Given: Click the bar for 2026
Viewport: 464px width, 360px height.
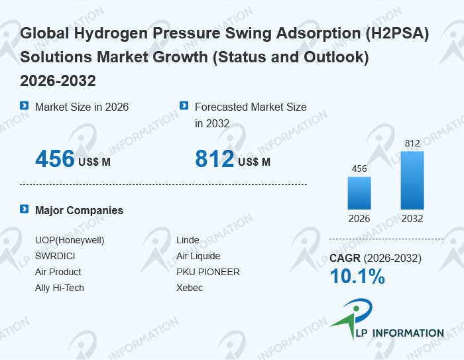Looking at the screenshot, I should [359, 193].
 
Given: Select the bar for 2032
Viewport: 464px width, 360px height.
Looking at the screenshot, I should [412, 180].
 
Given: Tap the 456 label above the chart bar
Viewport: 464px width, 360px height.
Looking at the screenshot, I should [359, 168].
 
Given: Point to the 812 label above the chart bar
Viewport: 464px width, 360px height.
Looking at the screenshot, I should [412, 143].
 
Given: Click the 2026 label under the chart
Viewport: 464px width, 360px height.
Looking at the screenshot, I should [359, 219].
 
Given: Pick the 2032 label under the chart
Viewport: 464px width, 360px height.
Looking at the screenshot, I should [412, 219].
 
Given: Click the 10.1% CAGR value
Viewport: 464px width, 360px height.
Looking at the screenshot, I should [357, 277].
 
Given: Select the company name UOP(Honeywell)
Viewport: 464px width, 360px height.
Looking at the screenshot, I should [70, 240].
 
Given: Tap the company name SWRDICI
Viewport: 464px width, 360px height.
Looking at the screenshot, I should [56, 256].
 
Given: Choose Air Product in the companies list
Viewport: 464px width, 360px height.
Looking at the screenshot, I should [58, 272].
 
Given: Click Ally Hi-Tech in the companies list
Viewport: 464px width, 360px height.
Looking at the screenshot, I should [60, 288].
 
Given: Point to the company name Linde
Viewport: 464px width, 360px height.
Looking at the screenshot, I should [188, 240].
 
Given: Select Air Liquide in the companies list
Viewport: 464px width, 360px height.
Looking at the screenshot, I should [198, 256].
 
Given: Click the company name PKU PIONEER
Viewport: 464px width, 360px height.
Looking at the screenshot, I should [208, 272].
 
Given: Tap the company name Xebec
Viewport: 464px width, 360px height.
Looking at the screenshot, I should [190, 288].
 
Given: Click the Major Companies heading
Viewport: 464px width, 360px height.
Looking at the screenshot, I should [79, 210].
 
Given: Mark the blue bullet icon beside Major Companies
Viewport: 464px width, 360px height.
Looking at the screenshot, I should [25, 210].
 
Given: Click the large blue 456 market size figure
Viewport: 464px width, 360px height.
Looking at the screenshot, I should [55, 159].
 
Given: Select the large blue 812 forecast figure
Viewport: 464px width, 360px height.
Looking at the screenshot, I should [215, 159].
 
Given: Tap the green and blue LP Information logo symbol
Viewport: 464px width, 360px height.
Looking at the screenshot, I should [352, 318].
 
